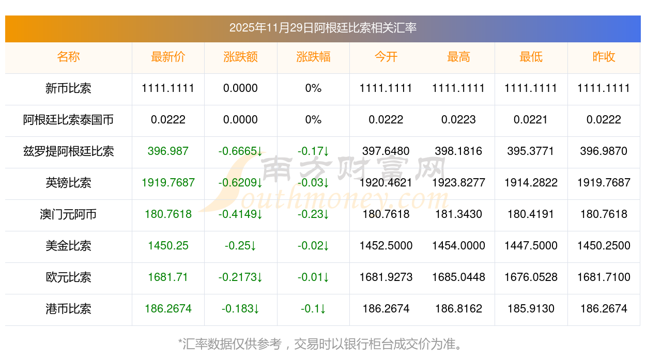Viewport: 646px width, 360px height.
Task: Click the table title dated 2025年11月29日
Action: pos(322,28)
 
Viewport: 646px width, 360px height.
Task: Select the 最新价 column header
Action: pos(168,57)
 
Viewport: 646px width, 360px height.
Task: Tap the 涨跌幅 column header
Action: pos(313,57)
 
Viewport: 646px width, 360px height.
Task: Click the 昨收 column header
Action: pos(604,57)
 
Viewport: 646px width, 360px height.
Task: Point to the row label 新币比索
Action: pos(68,88)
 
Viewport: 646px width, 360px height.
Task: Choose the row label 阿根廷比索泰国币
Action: pos(68,120)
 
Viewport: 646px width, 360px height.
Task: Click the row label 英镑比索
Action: pos(68,183)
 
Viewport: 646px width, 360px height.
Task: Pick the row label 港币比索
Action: pos(68,309)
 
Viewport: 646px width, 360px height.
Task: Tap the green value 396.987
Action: pos(168,151)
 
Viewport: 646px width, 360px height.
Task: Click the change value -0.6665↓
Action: pos(240,151)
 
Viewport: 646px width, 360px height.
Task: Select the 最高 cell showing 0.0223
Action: pos(458,120)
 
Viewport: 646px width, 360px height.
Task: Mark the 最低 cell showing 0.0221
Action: pos(531,120)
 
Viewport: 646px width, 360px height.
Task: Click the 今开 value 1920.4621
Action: pos(386,183)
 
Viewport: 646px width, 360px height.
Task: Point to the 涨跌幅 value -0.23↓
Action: pos(313,214)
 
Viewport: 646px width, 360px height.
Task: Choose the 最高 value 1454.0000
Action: pos(458,246)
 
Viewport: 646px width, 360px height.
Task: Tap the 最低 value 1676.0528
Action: pos(531,277)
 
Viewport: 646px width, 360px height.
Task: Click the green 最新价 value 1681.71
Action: pos(168,277)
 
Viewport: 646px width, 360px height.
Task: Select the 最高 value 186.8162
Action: pos(458,309)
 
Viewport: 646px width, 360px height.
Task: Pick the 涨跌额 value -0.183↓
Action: pos(240,309)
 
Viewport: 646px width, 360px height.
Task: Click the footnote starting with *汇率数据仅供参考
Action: pos(322,344)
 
